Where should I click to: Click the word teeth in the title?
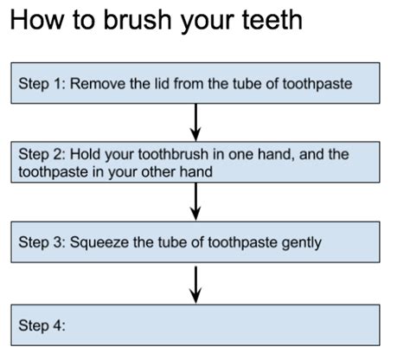coord(272,20)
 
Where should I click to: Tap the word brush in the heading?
coord(138,20)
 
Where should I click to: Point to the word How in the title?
coord(37,20)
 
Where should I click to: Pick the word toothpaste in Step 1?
coord(317,84)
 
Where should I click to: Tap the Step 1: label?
coord(42,84)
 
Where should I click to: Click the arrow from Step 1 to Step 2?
coord(195,122)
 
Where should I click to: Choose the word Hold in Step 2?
coord(86,154)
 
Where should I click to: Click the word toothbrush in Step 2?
coord(173,154)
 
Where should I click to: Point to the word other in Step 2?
coord(158,172)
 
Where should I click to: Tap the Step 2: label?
coord(42,154)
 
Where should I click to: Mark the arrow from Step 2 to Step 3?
coord(195,202)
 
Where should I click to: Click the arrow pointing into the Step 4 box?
coord(195,285)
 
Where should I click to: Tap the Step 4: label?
coord(42,325)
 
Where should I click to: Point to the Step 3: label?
coord(42,242)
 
